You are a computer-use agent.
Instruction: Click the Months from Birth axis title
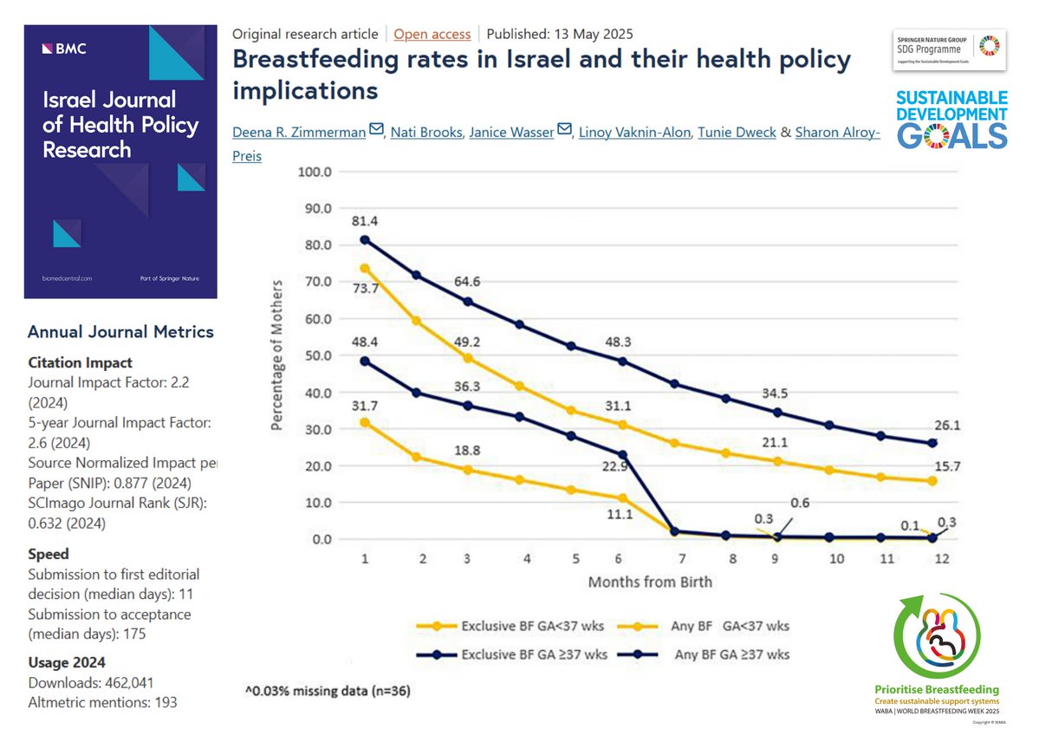pyautogui.click(x=650, y=582)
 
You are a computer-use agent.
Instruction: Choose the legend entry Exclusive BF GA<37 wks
pyautogui.click(x=512, y=625)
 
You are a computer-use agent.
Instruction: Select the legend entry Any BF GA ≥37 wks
pyautogui.click(x=732, y=654)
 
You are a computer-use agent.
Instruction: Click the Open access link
pyautogui.click(x=432, y=35)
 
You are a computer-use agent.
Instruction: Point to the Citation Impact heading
pyautogui.click(x=80, y=362)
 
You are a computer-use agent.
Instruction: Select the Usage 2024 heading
pyautogui.click(x=73, y=663)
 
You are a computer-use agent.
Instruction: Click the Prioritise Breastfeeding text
pyautogui.click(x=938, y=690)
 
